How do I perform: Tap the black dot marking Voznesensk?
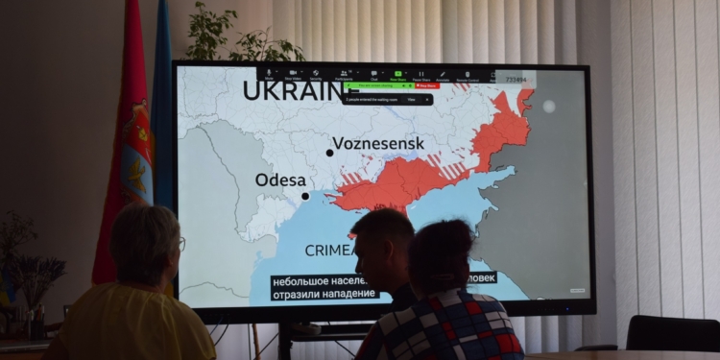tap(329, 152)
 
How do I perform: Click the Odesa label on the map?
tap(280, 180)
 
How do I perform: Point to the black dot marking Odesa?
tap(305, 196)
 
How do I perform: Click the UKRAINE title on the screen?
tap(292, 91)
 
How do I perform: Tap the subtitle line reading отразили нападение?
tap(312, 295)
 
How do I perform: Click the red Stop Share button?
tap(427, 85)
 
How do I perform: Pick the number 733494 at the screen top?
tap(516, 81)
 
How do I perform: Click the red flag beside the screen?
tap(123, 144)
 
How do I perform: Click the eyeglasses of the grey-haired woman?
tap(180, 244)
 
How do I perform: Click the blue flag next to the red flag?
tap(161, 125)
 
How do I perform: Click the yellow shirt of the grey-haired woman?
tap(134, 326)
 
